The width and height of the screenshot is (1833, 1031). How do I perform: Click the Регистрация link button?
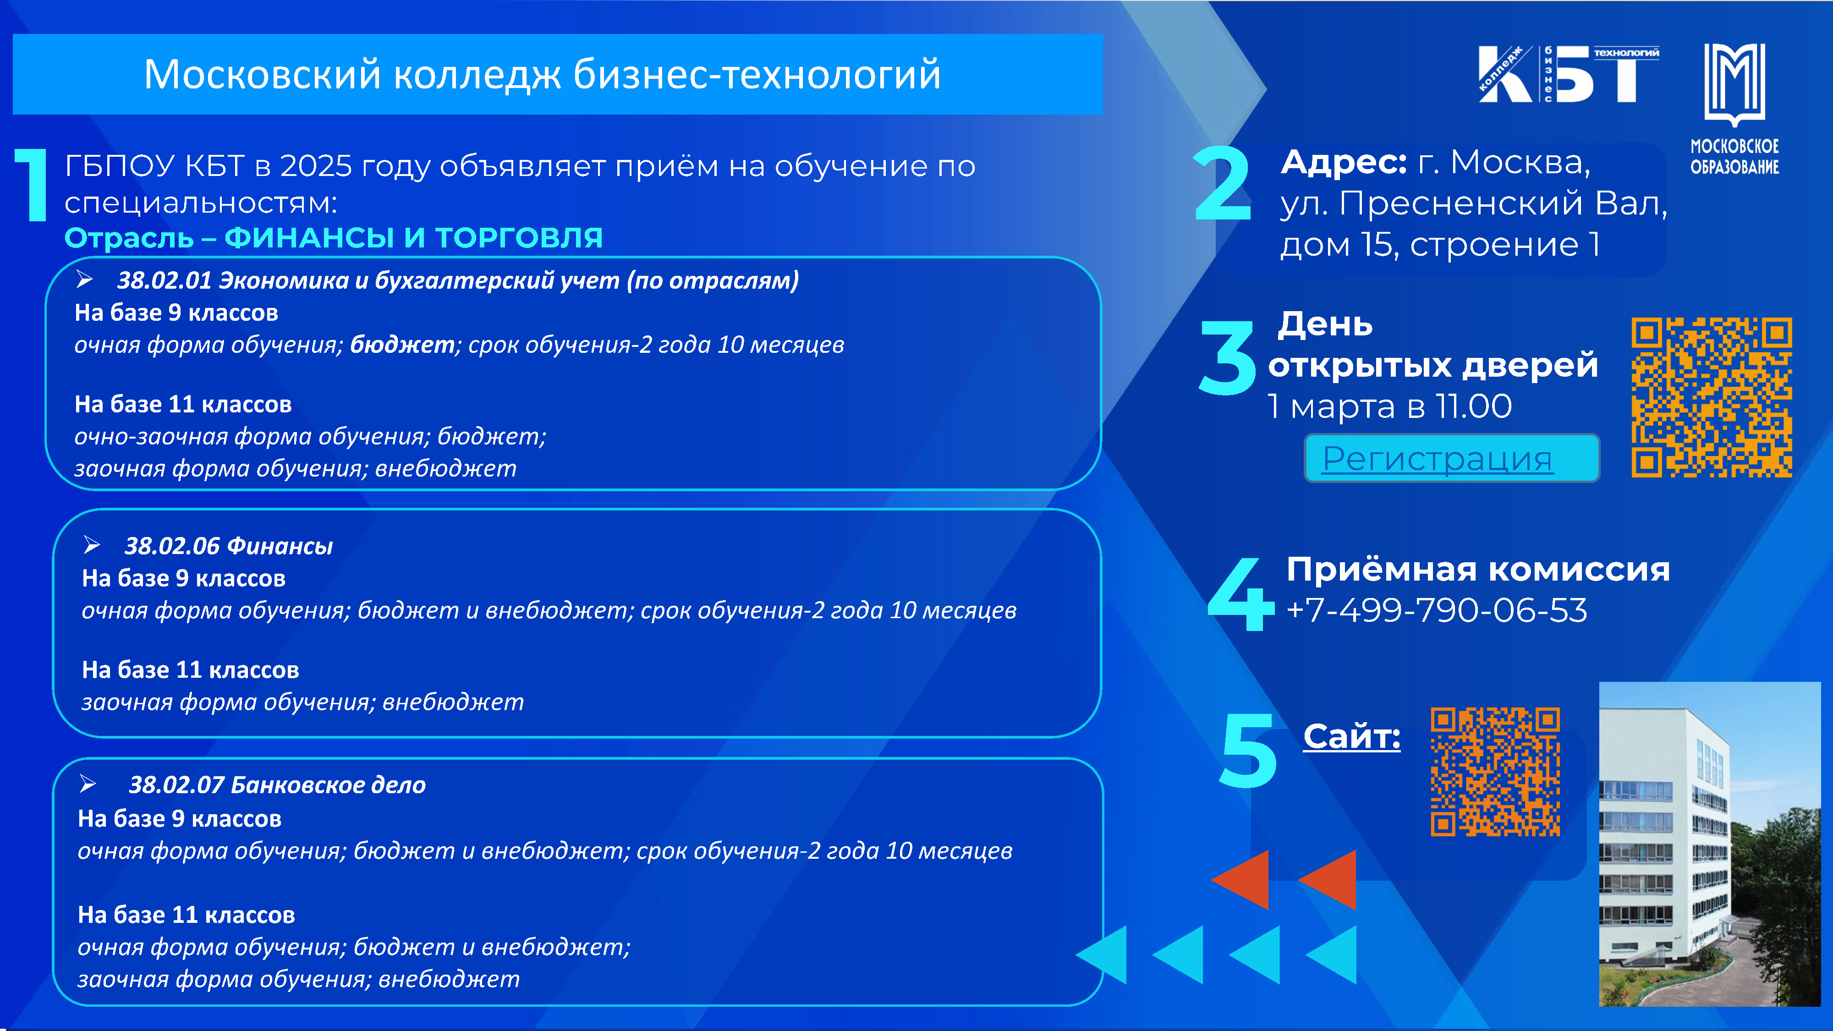click(1452, 458)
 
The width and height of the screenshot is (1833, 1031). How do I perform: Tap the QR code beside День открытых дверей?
click(1711, 397)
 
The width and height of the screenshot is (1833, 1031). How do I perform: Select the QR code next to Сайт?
click(1495, 771)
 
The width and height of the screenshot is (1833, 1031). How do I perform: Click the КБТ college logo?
click(1568, 74)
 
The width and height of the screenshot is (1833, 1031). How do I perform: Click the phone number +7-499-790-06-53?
click(1437, 610)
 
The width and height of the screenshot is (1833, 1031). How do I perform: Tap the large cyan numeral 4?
click(1240, 594)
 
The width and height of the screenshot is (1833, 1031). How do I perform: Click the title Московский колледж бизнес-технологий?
click(542, 74)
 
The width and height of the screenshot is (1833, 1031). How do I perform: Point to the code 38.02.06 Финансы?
click(228, 546)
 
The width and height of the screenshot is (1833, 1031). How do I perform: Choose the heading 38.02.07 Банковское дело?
click(277, 785)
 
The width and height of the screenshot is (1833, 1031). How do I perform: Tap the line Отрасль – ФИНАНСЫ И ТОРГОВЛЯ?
click(334, 238)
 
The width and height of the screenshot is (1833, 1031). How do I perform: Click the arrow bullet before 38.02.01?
click(85, 280)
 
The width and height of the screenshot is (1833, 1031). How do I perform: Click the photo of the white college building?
click(1709, 844)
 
